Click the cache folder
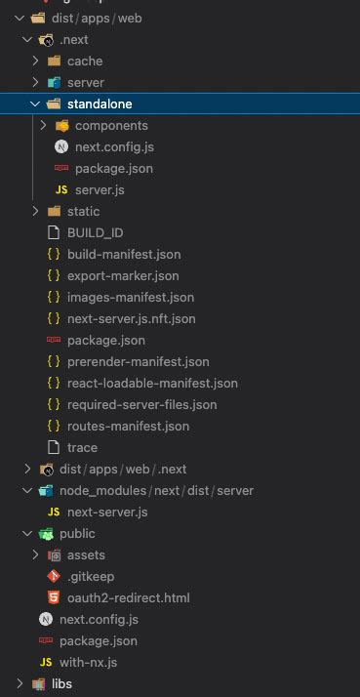pyautogui.click(x=85, y=61)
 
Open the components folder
pyautogui.click(x=111, y=125)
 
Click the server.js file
pyautogui.click(x=100, y=189)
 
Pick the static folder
pyautogui.click(x=83, y=211)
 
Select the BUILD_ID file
pyautogui.click(x=95, y=232)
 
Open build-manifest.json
pyautogui.click(x=124, y=254)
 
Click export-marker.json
pyautogui.click(x=123, y=275)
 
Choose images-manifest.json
pyautogui.click(x=131, y=297)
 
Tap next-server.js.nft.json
pyautogui.click(x=132, y=318)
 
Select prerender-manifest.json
pyautogui.click(x=138, y=361)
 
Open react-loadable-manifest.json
pyautogui.click(x=152, y=383)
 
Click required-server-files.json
pyautogui.click(x=141, y=404)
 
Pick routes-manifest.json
pyautogui.click(x=128, y=426)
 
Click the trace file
pyautogui.click(x=82, y=447)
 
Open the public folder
pyautogui.click(x=77, y=533)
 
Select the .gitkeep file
pyautogui.click(x=90, y=576)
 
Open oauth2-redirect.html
pyautogui.click(x=128, y=597)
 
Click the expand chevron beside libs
pyautogui.click(x=20, y=683)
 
